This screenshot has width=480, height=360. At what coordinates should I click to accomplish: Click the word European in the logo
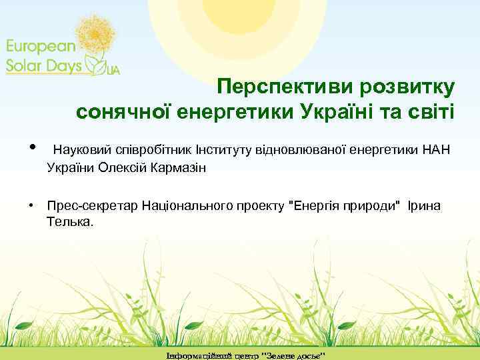click(42, 46)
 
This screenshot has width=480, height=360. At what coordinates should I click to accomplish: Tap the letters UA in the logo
click(113, 70)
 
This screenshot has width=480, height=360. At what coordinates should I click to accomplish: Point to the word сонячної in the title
click(119, 111)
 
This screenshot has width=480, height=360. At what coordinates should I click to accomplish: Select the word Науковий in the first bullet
click(79, 148)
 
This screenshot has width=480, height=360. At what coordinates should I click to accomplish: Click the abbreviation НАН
click(437, 148)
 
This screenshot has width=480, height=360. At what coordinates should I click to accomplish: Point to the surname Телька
click(71, 220)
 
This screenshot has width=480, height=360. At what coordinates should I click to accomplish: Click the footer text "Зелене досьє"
click(294, 353)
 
